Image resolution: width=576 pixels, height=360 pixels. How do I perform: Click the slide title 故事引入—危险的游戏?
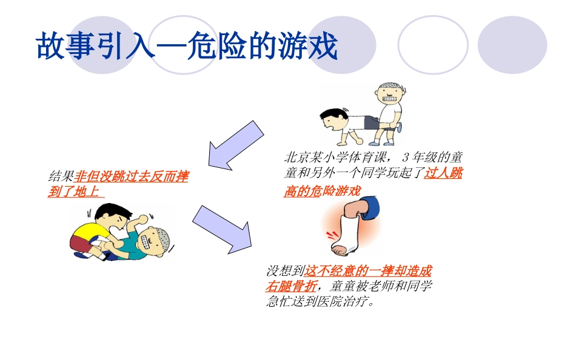click(x=187, y=47)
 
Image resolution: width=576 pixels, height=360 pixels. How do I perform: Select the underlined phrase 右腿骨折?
click(x=290, y=286)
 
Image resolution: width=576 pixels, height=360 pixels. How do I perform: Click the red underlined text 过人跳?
click(x=443, y=173)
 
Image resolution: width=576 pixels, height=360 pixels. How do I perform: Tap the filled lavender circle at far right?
click(x=512, y=44)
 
